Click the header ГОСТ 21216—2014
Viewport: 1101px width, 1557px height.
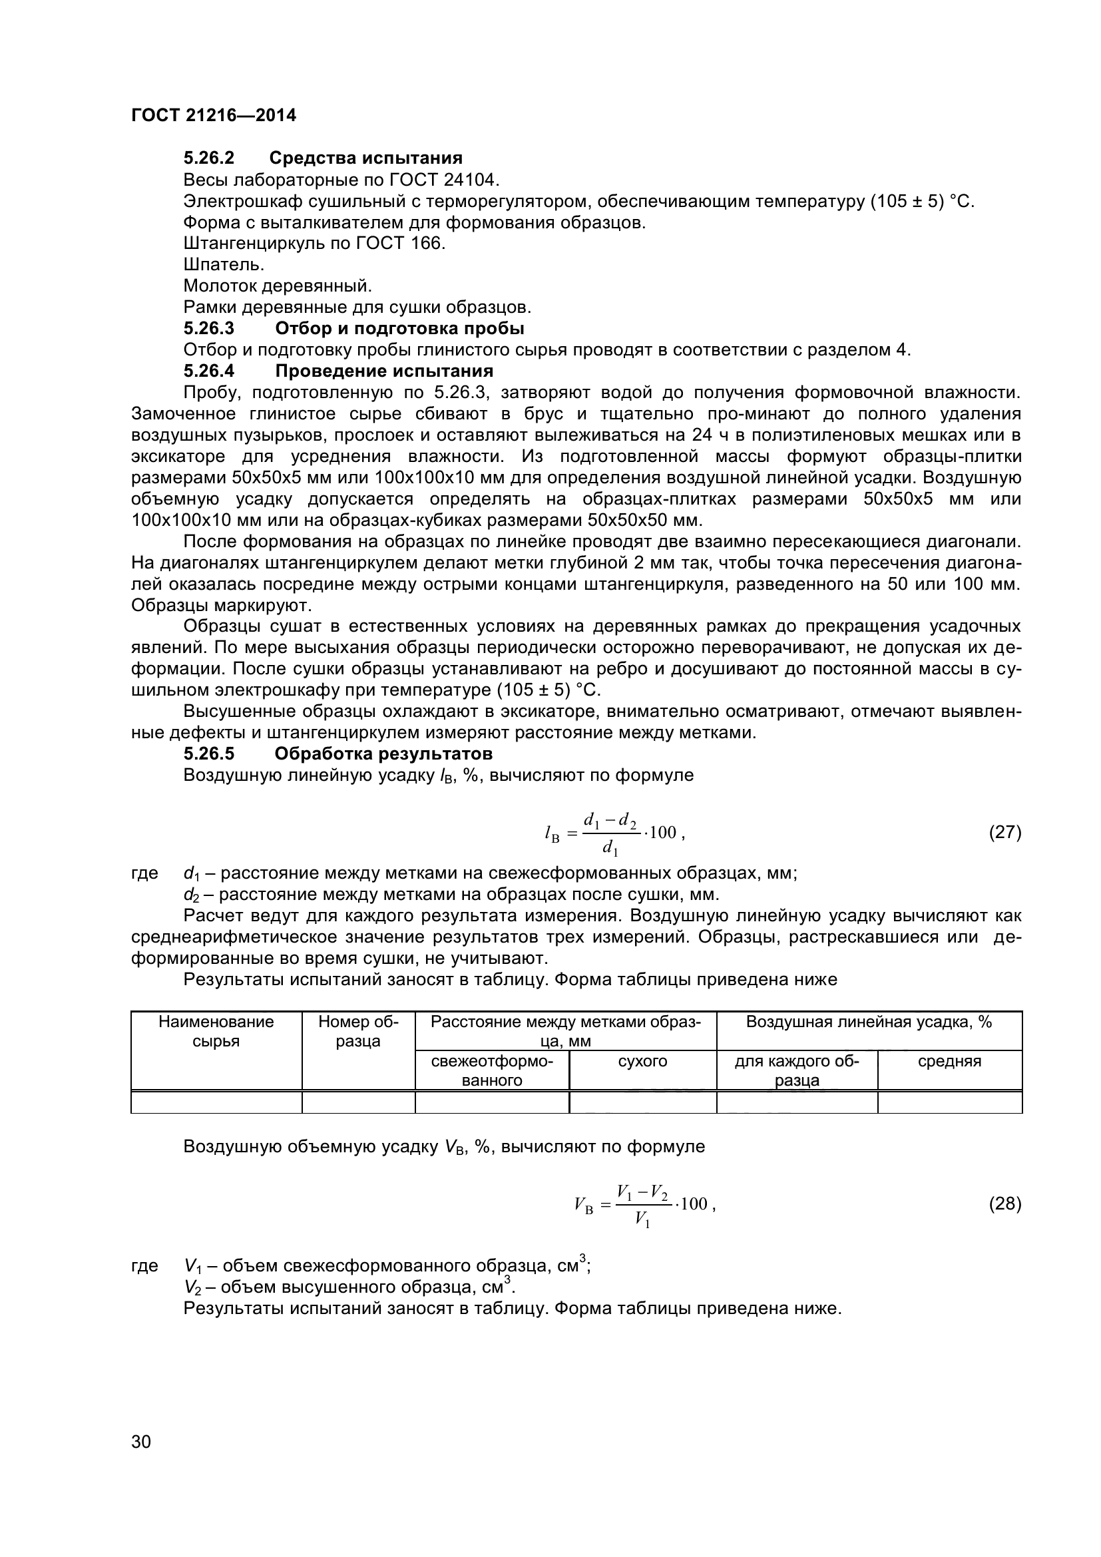coord(214,115)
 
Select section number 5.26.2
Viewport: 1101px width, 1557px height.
coord(209,158)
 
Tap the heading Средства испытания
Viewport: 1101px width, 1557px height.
coord(365,158)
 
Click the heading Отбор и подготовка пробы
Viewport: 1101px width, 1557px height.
coord(399,329)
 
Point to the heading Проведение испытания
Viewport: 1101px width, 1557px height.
coord(383,371)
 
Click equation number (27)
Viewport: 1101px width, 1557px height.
coord(1004,832)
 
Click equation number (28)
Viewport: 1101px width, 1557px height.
coord(1004,1204)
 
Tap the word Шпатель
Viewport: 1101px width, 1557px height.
coord(224,264)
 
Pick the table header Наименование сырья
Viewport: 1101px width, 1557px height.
coord(216,1030)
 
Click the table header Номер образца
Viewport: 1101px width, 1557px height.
coord(358,1030)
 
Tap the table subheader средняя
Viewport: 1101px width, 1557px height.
coord(949,1061)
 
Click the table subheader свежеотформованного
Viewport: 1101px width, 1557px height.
coord(491,1070)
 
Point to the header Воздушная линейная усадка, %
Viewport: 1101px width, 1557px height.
coord(869,1022)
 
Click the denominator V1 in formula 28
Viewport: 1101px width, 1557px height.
coord(642,1220)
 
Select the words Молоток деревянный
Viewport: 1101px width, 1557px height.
coord(278,286)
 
